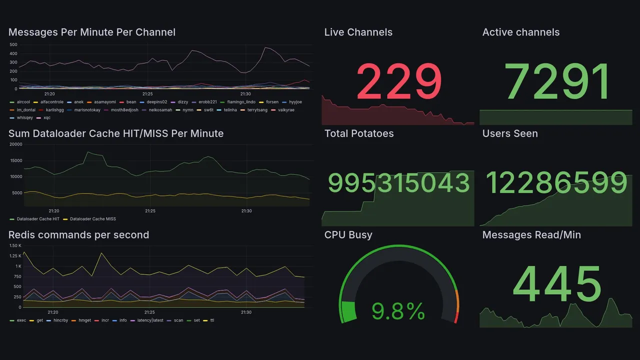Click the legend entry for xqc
point(47,118)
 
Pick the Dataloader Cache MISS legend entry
point(90,219)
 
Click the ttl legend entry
point(212,320)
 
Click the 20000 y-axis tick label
point(16,144)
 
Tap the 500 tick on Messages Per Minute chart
point(13,44)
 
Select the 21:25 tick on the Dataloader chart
point(150,211)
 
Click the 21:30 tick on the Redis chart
point(245,312)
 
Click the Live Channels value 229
point(398,81)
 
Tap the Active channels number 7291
point(557,81)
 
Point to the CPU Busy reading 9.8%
point(398,312)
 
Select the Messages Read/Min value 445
point(557,284)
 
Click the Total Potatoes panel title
point(359,133)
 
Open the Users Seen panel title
point(510,133)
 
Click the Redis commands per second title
point(78,235)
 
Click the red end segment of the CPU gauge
point(455,318)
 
